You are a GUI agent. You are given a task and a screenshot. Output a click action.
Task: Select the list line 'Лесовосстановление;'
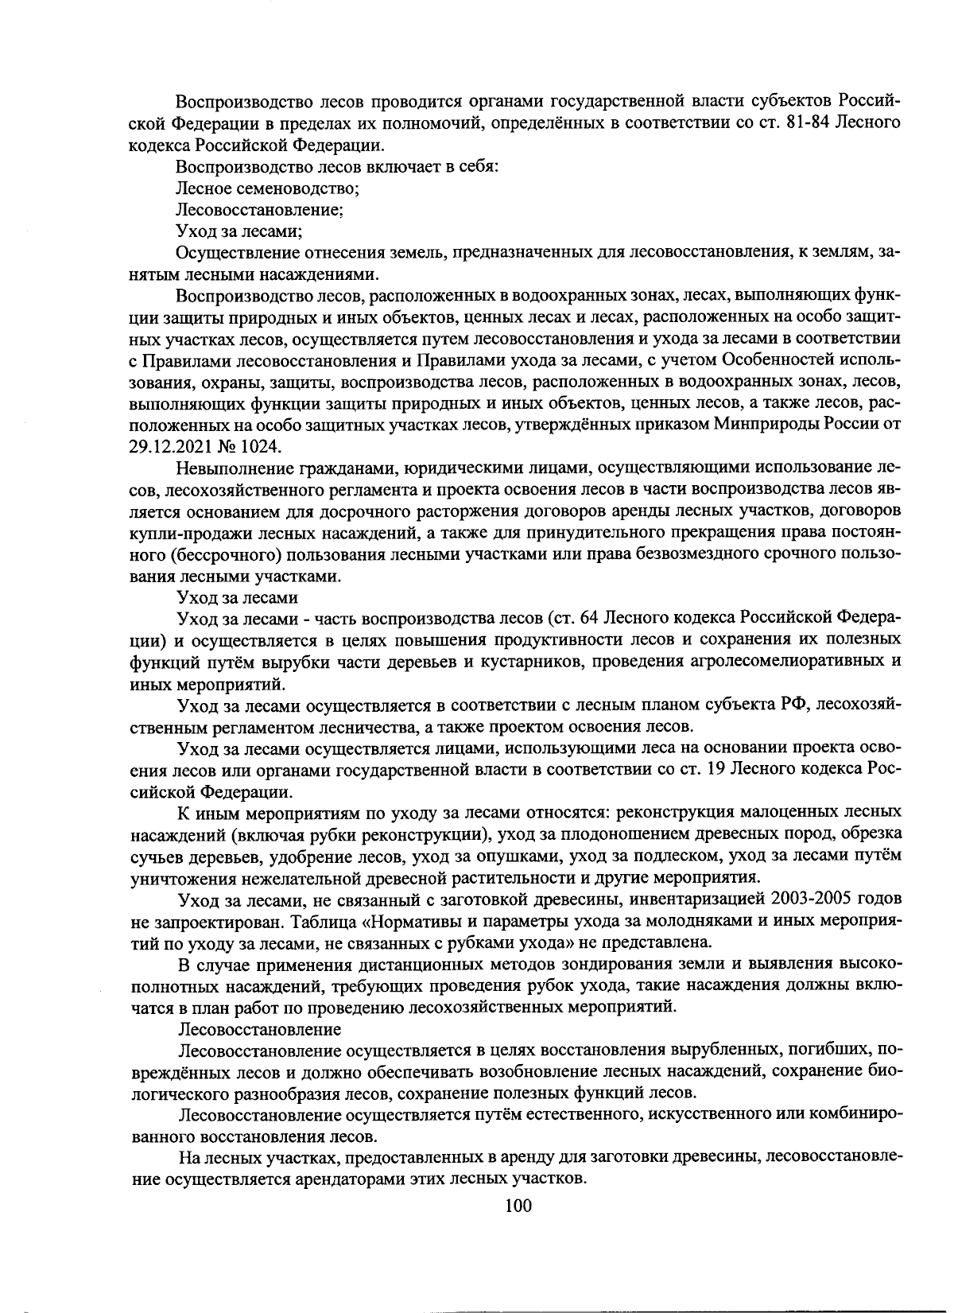(259, 211)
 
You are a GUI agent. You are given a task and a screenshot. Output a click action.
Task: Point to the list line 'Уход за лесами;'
(238, 232)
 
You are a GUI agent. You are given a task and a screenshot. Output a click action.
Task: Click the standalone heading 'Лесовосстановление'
(258, 1029)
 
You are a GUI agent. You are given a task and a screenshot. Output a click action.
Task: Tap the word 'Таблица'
(323, 921)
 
